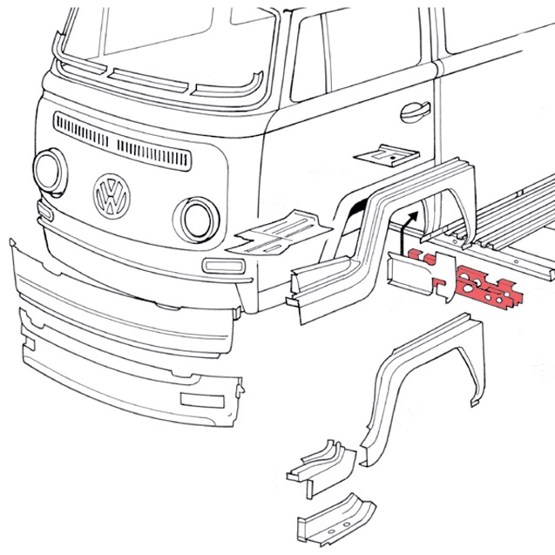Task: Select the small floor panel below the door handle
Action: (x=388, y=155)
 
